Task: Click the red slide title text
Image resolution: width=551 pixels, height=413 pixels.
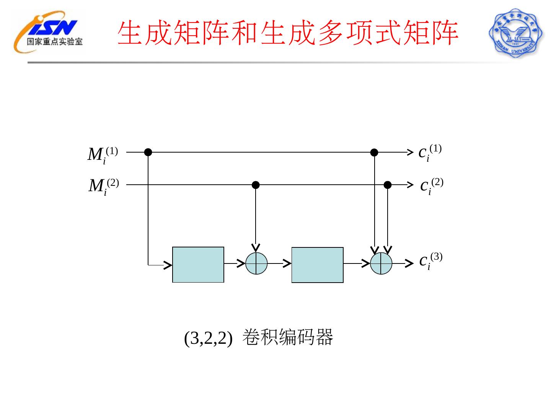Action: [288, 34]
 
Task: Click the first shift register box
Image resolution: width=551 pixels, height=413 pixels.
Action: [198, 265]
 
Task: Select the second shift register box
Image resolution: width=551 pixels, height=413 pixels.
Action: [317, 265]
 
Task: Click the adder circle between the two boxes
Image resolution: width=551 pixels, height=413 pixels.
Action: [256, 263]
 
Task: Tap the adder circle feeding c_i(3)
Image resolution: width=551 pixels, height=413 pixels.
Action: [381, 263]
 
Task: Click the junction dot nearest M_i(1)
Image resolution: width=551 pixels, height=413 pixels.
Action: [148, 152]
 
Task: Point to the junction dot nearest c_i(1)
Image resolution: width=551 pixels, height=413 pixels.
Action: [374, 152]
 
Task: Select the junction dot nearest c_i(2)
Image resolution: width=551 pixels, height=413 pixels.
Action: [388, 185]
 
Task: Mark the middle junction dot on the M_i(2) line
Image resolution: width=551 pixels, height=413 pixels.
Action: [256, 185]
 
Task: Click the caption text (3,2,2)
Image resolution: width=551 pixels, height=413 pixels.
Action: [208, 338]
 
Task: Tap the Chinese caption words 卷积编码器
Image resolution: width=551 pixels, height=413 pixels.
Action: [288, 337]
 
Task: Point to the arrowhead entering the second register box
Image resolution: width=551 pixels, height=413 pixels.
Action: [287, 263]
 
